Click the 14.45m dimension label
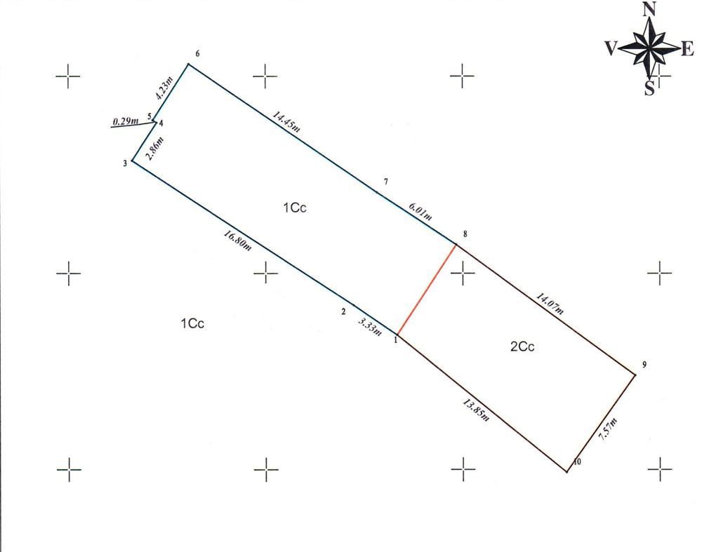286,121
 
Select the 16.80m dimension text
238,241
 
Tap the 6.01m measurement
420,212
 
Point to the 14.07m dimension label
550,304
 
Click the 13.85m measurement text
476,410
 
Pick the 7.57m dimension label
609,429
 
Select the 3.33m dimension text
370,327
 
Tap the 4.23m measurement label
164,88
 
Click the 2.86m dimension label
156,149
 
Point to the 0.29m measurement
126,121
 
